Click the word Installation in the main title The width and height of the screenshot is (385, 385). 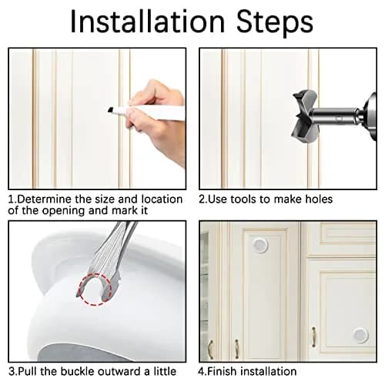(x=148, y=22)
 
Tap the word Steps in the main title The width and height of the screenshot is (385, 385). (x=275, y=23)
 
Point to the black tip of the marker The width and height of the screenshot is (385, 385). (x=110, y=110)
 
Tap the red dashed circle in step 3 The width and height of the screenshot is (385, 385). (x=95, y=290)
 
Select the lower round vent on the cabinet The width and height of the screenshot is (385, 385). (x=360, y=335)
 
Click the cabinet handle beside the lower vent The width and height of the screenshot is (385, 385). (x=313, y=337)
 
